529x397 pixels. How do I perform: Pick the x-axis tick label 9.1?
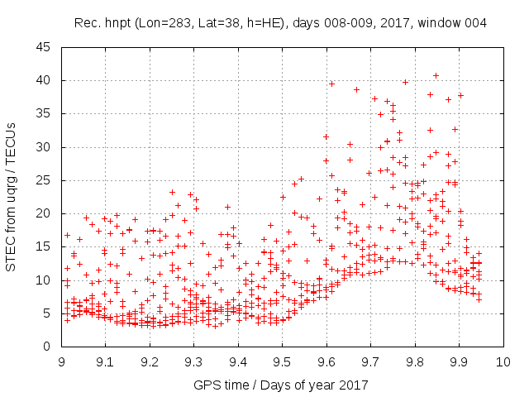point(106,361)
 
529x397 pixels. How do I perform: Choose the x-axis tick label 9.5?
point(282,361)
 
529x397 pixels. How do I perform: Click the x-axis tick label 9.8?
point(414,361)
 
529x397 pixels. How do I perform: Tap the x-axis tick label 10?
point(503,361)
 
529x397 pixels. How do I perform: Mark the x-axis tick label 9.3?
point(193,361)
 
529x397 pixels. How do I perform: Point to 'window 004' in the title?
point(454,22)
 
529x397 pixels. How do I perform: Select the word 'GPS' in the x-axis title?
point(205,385)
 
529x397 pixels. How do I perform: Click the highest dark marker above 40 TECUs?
point(436,76)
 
